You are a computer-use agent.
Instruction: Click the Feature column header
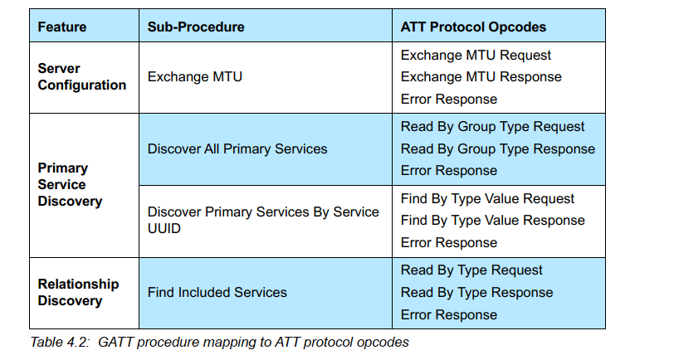pos(62,27)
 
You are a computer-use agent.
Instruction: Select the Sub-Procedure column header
pos(196,27)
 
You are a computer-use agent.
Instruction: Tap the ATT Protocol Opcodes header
pos(473,27)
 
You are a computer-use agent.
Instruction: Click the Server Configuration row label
pos(82,76)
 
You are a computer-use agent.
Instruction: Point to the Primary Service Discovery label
pos(70,184)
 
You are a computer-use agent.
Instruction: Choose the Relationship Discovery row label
pos(78,292)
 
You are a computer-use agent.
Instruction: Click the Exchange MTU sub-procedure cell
pos(195,76)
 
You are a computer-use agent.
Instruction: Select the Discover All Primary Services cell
pos(237,148)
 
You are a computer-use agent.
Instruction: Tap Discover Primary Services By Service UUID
pos(263,220)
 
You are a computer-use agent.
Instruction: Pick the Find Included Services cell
pos(217,293)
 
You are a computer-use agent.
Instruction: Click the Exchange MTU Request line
pos(476,56)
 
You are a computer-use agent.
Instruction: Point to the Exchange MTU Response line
pos(481,77)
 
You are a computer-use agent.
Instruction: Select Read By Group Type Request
pos(492,127)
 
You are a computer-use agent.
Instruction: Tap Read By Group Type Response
pos(497,148)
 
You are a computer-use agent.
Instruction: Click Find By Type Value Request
pos(487,198)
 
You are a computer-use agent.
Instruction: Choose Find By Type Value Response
pos(492,221)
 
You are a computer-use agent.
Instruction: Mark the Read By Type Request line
pos(471,270)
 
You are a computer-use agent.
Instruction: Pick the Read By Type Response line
pos(476,293)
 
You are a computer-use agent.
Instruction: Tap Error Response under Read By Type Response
pos(448,314)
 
